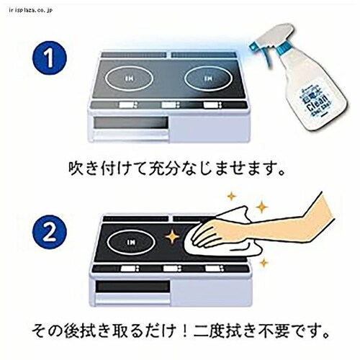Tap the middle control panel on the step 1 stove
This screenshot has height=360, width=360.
tap(171, 105)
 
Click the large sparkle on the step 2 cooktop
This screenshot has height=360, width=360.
tap(174, 235)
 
